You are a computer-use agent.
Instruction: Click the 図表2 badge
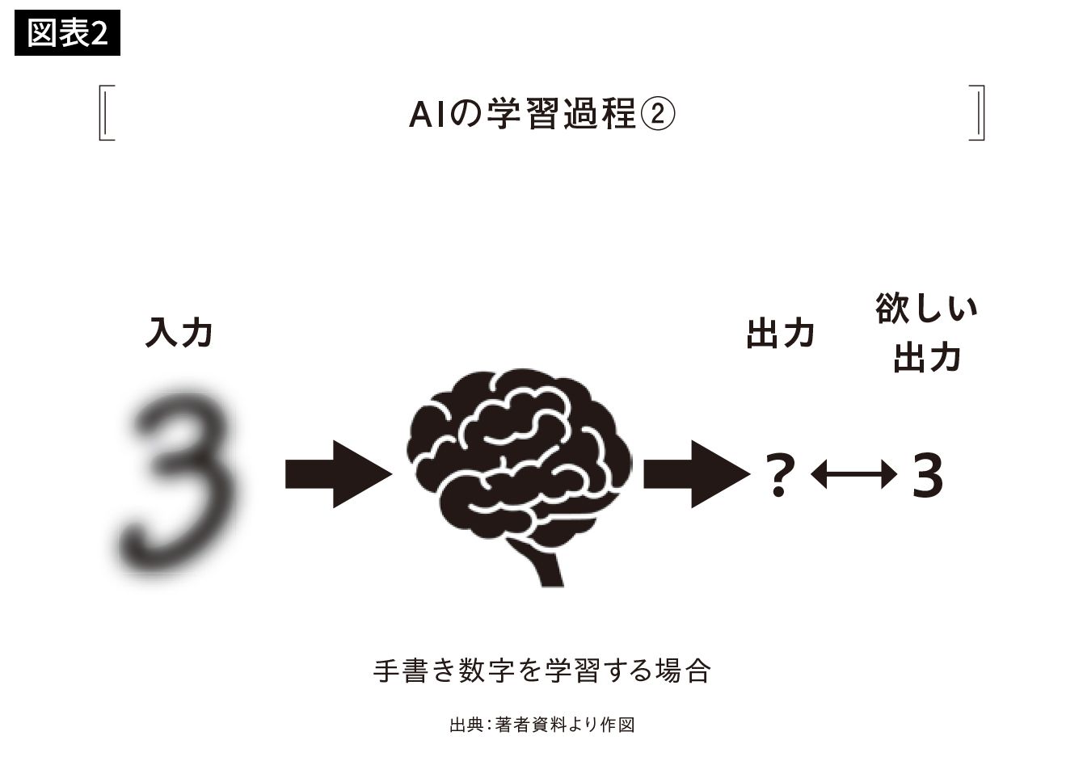(67, 32)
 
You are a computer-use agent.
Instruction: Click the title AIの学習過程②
(542, 114)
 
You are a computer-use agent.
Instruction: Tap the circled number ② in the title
(658, 115)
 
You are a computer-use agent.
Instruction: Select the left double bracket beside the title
(106, 113)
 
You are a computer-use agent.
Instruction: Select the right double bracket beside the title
(977, 113)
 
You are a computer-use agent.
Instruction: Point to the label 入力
(179, 332)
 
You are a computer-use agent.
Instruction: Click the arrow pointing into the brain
(339, 474)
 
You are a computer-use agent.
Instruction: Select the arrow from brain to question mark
(697, 474)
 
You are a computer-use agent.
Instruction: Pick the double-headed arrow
(853, 474)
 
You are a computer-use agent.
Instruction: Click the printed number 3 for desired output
(927, 475)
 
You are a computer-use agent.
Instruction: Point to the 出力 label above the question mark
(781, 333)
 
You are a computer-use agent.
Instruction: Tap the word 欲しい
(926, 308)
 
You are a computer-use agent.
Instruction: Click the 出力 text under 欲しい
(927, 358)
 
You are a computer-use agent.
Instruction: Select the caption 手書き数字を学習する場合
(541, 671)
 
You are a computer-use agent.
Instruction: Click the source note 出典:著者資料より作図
(541, 725)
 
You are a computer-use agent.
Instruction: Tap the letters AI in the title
(427, 115)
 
